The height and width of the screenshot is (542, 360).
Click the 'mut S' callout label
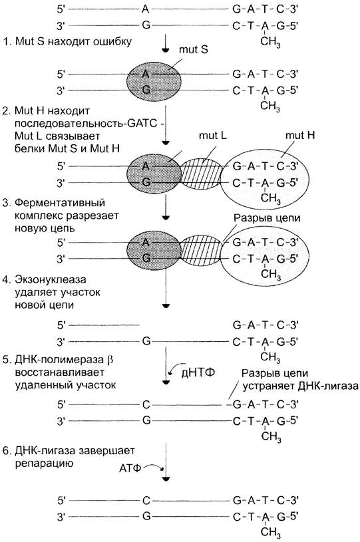pos(194,49)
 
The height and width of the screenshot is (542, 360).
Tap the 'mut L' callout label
pos(213,135)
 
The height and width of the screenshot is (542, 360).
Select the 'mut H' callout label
pos(300,135)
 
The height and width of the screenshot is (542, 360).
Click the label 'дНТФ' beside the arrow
pos(198,372)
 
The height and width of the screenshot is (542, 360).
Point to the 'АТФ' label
pos(130,469)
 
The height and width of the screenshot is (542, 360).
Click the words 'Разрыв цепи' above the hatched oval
pos(267,218)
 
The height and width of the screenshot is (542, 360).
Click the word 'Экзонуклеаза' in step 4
pos(51,279)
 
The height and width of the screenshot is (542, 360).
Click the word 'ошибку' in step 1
pos(113,41)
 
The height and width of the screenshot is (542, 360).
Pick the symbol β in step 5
pos(110,360)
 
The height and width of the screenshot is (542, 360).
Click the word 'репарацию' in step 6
pos(44,464)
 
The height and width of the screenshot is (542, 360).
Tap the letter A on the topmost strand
pos(146,9)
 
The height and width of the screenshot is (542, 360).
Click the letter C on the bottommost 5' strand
pos(146,500)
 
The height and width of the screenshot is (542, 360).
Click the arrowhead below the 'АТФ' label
pos(166,479)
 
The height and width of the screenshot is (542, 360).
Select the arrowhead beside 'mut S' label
pos(166,51)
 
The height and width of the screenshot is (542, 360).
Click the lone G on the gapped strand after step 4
pos(146,342)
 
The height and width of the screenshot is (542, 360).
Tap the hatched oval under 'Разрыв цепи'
pos(202,251)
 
